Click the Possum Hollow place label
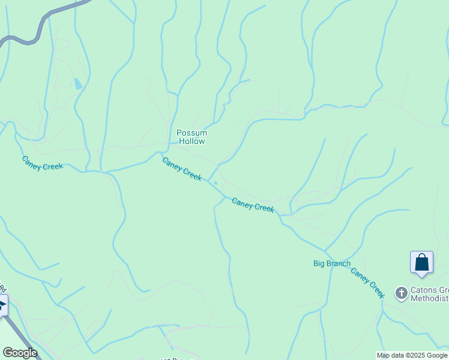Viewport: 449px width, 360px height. point(191,137)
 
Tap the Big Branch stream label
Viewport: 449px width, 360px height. point(331,263)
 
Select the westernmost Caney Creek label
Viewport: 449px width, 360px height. point(42,163)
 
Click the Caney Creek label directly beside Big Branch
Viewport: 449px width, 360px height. point(367,283)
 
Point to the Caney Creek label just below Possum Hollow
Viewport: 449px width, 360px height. point(181,168)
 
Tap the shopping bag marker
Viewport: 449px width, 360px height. point(421,262)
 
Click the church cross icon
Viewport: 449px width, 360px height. point(401,293)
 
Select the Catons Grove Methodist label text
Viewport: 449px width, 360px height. point(429,294)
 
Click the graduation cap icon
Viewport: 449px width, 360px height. point(2,306)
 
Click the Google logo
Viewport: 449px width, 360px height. point(20,353)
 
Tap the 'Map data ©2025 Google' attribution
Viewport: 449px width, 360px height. point(412,355)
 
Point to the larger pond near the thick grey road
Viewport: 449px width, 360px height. point(78,83)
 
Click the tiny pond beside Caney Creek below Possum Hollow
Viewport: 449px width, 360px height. point(215,182)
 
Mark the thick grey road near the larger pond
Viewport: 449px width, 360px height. point(42,24)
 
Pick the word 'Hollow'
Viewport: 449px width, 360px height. point(191,142)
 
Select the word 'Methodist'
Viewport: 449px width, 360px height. point(429,299)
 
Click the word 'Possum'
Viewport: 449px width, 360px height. point(191,133)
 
